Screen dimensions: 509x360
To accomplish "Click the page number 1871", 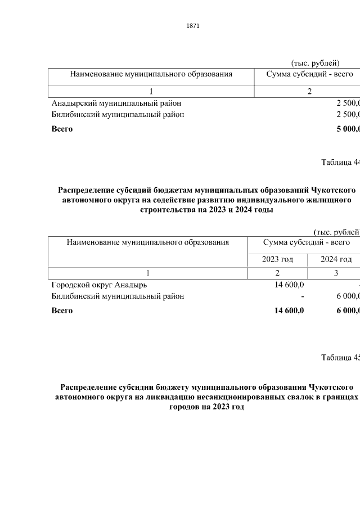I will tap(192, 26).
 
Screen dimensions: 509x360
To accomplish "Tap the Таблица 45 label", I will tap(340, 358).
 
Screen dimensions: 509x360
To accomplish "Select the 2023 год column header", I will tap(277, 259).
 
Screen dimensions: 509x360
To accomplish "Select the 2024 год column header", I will tap(336, 259).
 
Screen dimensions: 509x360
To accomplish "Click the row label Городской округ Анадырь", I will tap(99, 285).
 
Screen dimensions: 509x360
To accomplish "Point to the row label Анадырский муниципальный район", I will tap(116, 103).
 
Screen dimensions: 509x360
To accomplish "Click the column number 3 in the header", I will tap(336, 273).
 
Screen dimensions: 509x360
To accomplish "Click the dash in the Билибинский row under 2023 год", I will tap(302, 296).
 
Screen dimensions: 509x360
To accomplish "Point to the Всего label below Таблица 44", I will tap(62, 310).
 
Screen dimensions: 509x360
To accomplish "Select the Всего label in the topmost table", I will tap(62, 129).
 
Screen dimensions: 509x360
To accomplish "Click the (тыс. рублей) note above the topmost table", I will tap(315, 62).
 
